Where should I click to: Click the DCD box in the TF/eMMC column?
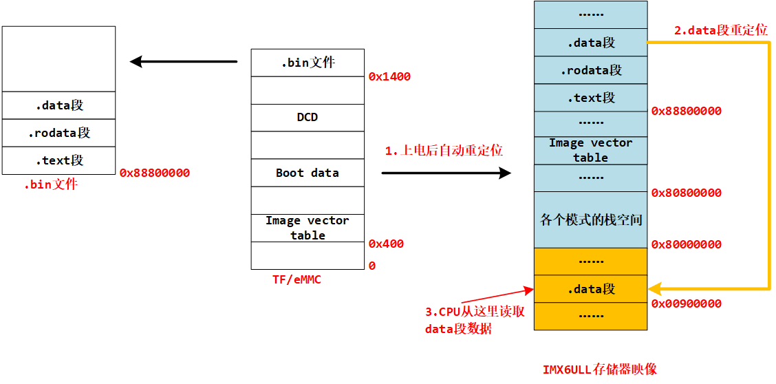tap(308, 118)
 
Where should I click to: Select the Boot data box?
tap(308, 173)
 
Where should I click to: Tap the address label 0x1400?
tap(389, 77)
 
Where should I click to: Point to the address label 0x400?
tap(386, 244)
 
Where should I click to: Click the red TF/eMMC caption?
tap(297, 279)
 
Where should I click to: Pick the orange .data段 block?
tap(590, 289)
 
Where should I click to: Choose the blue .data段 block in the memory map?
tap(590, 43)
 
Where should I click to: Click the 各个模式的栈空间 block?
tap(590, 220)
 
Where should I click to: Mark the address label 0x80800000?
tap(686, 193)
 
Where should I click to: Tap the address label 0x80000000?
tap(686, 245)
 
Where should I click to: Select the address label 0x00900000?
tap(686, 303)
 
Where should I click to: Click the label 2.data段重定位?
tap(720, 31)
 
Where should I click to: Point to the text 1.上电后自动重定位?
tap(443, 151)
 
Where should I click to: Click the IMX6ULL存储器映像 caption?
tap(599, 370)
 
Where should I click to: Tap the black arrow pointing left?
tap(183, 62)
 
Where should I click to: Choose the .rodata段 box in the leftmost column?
tap(58, 133)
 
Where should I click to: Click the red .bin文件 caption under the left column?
tap(51, 185)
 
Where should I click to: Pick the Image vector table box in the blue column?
tap(590, 150)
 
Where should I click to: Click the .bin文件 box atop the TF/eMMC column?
tap(308, 63)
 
